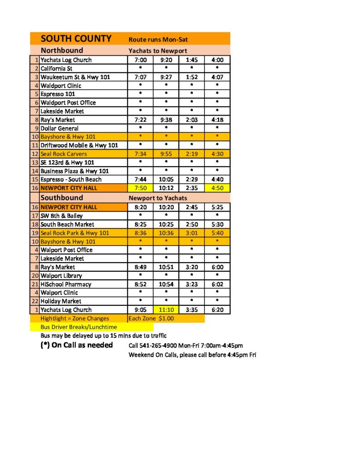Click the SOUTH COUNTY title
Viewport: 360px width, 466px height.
coord(76,39)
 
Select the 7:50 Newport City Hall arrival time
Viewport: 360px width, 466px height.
coord(140,188)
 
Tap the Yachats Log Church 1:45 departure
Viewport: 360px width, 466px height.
coord(192,60)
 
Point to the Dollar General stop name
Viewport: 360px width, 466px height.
coord(59,128)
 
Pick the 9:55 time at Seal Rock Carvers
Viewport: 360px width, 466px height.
coord(166,154)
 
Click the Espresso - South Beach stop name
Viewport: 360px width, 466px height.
coord(71,179)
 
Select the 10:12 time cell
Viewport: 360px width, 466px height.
coord(166,188)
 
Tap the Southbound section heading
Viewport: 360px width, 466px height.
coord(62,198)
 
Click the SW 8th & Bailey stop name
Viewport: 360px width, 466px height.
coord(61,216)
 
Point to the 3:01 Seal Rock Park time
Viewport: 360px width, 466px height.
coord(192,233)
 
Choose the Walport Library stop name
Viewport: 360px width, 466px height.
coord(61,275)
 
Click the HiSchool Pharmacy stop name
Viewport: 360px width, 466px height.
coord(66,284)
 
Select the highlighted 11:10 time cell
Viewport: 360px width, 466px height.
coord(166,309)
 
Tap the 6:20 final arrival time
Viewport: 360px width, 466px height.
coord(217,309)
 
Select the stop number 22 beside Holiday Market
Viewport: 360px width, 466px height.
coord(35,301)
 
